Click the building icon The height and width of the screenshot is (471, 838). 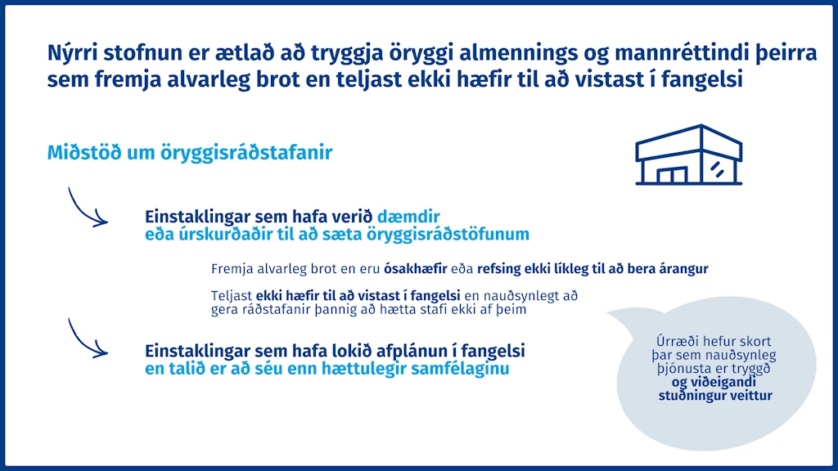point(688,155)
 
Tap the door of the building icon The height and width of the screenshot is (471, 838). point(672,175)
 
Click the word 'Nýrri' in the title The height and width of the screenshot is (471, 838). point(73,53)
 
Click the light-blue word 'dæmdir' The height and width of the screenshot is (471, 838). point(408,216)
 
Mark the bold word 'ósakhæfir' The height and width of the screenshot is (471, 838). point(415,268)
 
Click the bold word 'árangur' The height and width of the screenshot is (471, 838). point(683,269)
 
